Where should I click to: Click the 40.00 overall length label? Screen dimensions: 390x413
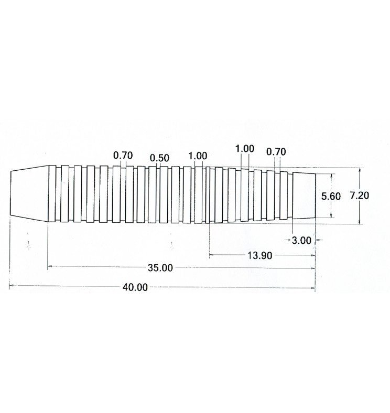click(135, 287)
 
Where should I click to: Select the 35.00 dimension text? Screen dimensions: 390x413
click(160, 268)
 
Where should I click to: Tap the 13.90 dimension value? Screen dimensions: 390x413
click(259, 255)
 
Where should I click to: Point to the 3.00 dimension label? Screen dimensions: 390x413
click(301, 240)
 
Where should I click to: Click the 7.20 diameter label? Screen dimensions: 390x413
click(360, 195)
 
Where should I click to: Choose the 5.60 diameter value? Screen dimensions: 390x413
click(331, 196)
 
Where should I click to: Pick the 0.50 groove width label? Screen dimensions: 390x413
click(159, 158)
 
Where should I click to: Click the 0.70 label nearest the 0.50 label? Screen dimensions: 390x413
click(123, 156)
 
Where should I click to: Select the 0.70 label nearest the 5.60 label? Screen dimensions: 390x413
click(276, 152)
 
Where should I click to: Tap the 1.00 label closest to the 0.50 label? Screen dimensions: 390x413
click(198, 156)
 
